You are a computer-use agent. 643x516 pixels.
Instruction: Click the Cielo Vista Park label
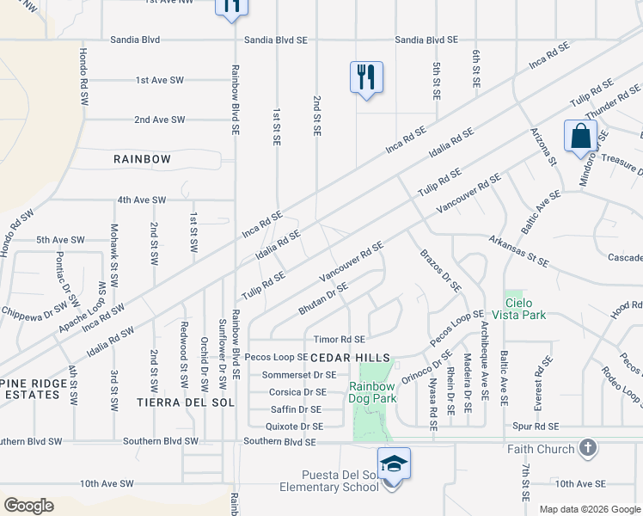point(527,309)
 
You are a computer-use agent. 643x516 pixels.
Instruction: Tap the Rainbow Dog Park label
point(372,392)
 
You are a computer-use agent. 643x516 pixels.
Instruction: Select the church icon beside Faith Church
point(588,447)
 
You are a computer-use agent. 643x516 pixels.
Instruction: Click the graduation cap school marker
point(394,464)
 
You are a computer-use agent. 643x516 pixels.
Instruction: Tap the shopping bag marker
point(580,135)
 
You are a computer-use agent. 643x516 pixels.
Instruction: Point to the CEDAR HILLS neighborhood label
point(350,357)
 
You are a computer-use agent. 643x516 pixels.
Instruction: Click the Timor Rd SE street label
point(340,340)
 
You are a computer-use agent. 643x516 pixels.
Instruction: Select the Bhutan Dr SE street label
point(323,298)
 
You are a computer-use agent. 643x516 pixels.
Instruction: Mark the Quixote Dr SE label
point(294,426)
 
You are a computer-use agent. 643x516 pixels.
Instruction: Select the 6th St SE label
point(475,68)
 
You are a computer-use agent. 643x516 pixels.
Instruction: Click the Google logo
point(28,506)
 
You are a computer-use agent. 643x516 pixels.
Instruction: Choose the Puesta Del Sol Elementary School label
point(329,482)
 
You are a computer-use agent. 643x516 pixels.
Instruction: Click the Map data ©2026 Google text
point(590,509)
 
